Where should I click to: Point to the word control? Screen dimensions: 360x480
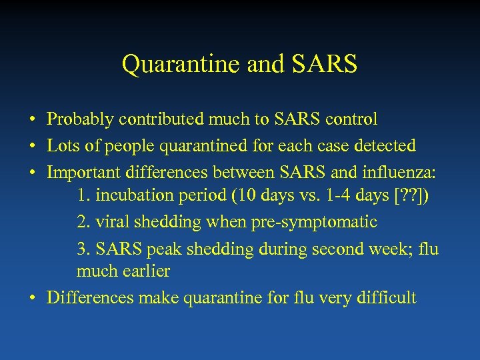tap(352, 120)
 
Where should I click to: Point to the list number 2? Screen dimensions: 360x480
tap(82, 222)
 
